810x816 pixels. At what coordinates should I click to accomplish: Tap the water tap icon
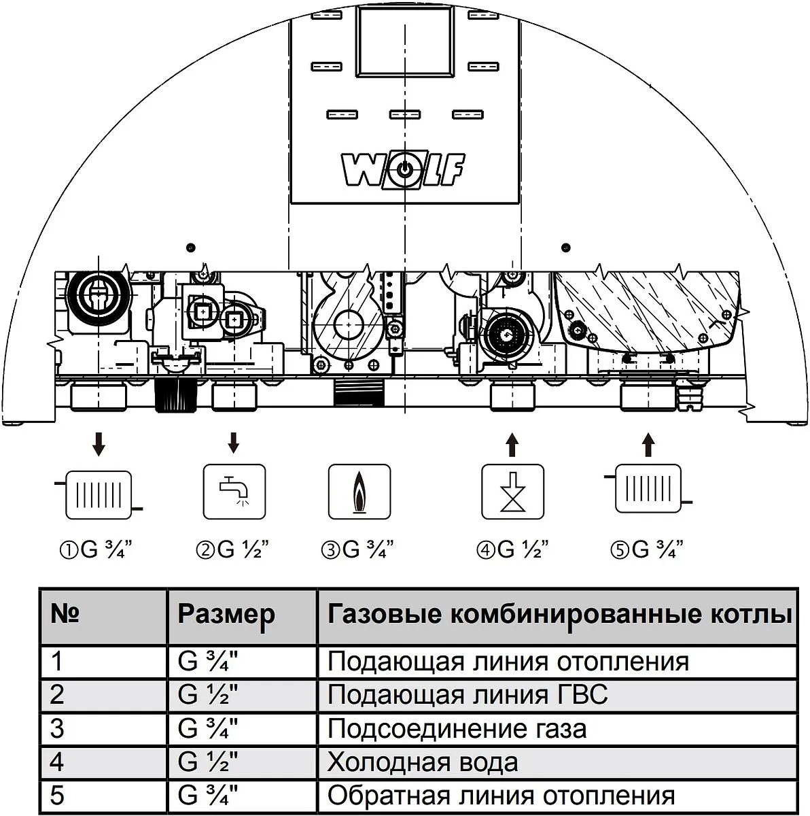[234, 492]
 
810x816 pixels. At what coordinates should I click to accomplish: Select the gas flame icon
[359, 492]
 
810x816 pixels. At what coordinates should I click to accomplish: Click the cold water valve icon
[512, 492]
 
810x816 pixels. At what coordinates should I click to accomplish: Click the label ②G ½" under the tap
[233, 549]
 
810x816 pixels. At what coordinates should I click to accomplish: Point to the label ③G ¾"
[358, 549]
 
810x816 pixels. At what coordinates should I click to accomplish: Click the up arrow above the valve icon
[512, 446]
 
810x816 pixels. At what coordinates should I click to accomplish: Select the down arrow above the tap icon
[234, 443]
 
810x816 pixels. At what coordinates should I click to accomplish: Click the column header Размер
[226, 615]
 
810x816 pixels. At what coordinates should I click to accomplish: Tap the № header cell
[66, 615]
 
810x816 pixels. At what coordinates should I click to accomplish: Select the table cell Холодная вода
[422, 762]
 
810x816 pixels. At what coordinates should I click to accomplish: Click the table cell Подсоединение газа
[457, 729]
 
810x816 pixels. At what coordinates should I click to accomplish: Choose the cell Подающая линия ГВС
[468, 695]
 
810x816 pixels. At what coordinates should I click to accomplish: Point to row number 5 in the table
[57, 795]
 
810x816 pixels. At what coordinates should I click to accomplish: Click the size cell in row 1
[208, 662]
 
